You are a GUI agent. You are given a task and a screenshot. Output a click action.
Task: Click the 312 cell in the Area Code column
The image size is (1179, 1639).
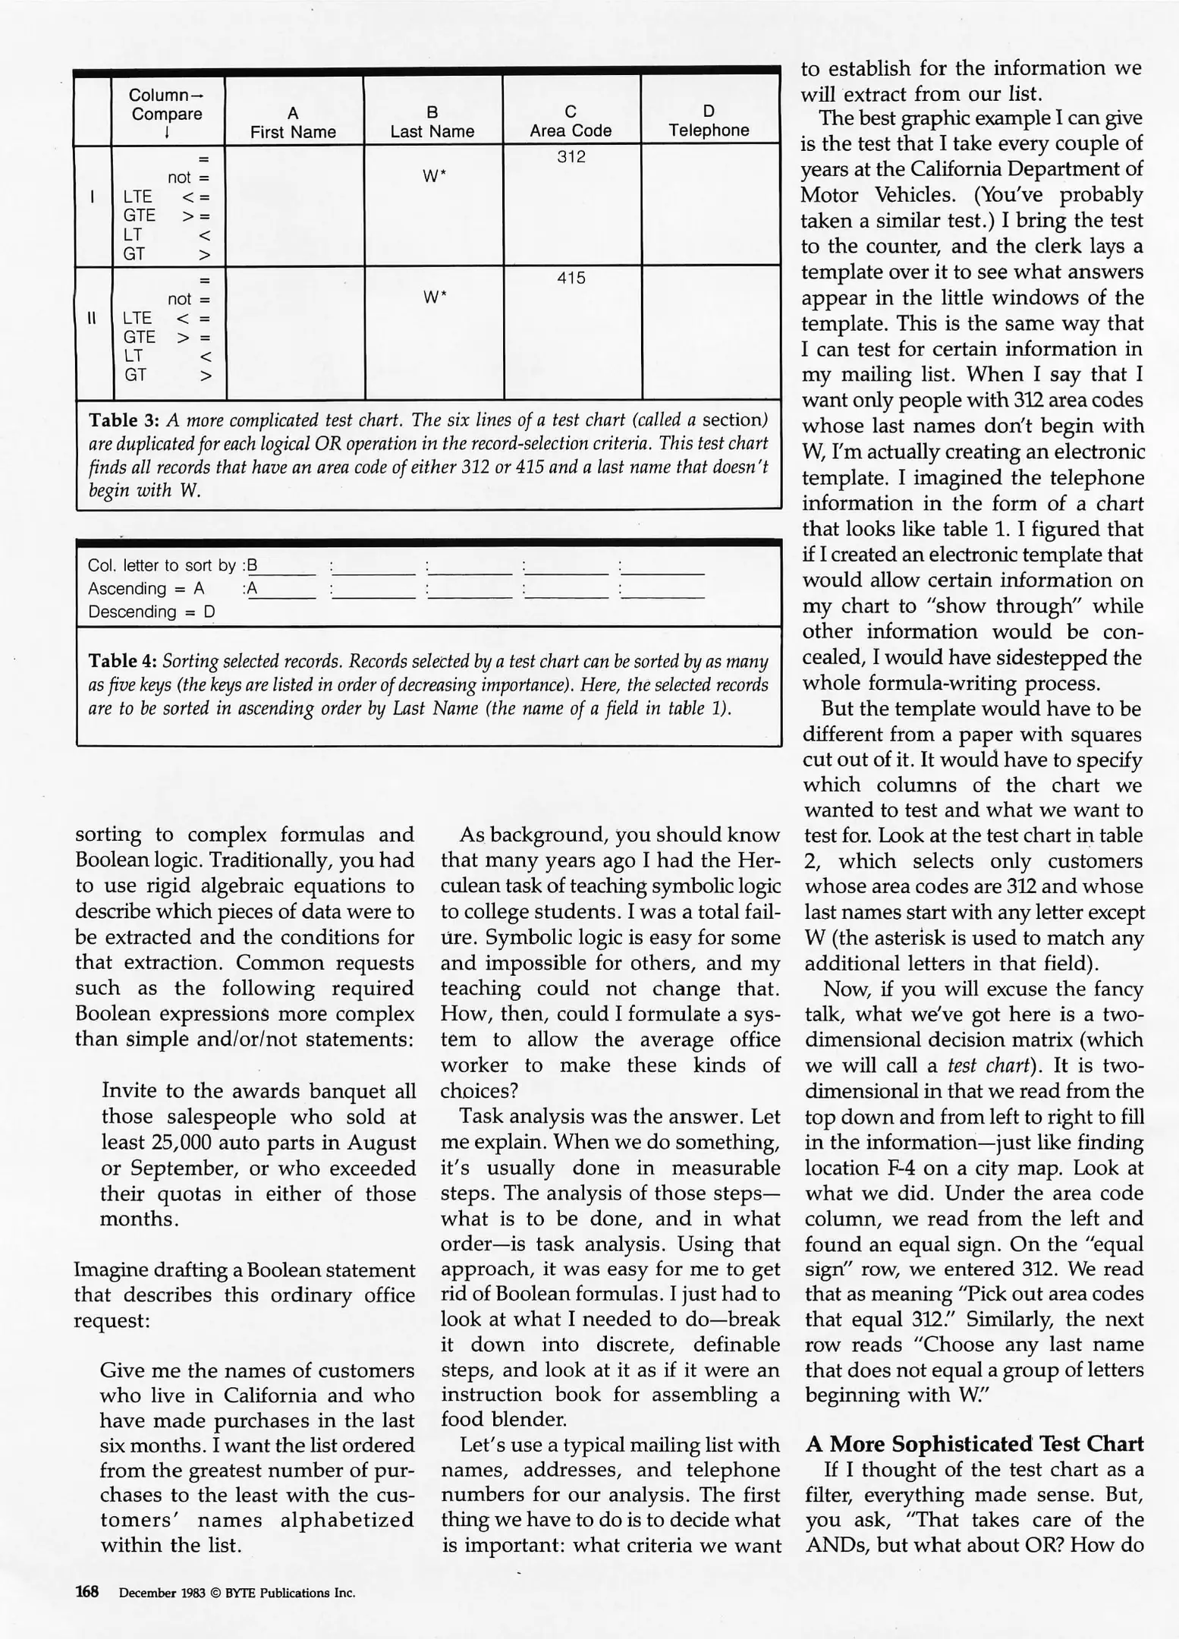click(571, 157)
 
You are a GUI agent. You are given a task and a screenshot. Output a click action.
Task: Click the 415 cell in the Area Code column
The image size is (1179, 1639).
click(571, 278)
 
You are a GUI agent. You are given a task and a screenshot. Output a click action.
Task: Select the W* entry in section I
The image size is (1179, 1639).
click(433, 176)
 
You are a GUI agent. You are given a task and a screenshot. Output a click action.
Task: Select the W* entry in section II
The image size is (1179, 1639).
click(433, 297)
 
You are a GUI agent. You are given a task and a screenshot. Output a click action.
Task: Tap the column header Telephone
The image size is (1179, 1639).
click(709, 130)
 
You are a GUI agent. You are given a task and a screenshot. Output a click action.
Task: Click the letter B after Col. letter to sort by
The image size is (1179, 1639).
click(253, 565)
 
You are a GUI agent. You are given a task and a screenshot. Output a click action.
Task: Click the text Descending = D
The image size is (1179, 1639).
click(152, 612)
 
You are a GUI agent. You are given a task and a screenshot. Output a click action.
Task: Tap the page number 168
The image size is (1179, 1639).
click(87, 1592)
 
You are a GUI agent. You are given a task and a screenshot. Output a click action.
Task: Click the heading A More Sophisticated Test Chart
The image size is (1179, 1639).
click(974, 1443)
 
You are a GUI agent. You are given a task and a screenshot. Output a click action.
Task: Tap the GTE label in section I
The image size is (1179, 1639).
click(139, 215)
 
